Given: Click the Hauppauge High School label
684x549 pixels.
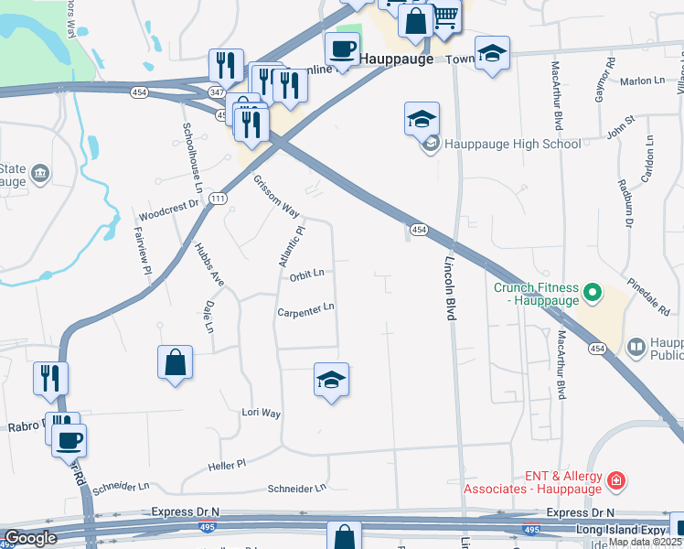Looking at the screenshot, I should tap(512, 144).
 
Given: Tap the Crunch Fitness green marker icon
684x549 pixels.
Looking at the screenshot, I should tap(592, 294).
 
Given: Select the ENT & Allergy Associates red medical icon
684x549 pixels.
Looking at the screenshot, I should tap(616, 480).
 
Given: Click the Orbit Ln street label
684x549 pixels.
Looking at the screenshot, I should tap(306, 274).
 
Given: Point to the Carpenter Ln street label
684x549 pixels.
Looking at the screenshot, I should tap(306, 310).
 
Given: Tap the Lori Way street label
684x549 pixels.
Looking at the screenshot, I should tap(261, 413).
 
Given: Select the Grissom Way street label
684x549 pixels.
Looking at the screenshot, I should tap(276, 196).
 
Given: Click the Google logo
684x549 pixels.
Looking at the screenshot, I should tap(30, 538).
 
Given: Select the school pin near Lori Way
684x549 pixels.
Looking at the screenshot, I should tap(332, 381).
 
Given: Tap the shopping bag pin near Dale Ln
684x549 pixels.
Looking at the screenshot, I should tap(175, 362).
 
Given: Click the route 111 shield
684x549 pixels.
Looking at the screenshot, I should tap(217, 199).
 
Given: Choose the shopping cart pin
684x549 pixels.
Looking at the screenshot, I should tap(445, 16).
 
